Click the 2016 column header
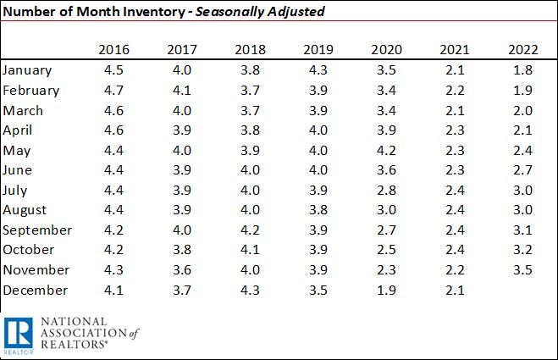pos(112,49)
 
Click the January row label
pos(28,70)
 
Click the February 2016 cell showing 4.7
pos(112,91)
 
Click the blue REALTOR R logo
pos(18,335)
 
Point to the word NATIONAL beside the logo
pos(74,322)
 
